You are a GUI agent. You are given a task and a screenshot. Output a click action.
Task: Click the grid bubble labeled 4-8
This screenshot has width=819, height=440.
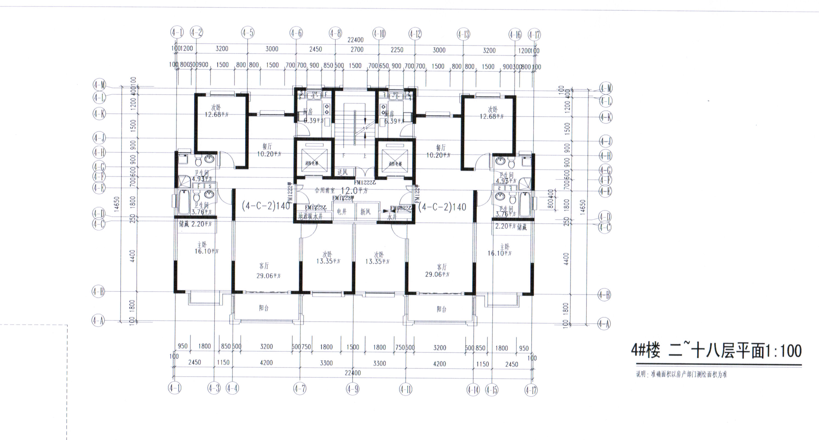point(335,33)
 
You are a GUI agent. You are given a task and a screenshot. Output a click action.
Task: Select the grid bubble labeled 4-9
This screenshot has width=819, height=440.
point(353,389)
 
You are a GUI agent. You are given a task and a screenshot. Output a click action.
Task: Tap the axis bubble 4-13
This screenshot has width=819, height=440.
point(463,34)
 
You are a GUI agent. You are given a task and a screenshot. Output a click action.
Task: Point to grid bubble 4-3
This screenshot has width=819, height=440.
point(214,388)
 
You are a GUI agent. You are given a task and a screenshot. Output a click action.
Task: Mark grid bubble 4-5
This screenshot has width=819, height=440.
point(248,33)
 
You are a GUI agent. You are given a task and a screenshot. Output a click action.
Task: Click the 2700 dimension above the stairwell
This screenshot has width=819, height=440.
point(357,49)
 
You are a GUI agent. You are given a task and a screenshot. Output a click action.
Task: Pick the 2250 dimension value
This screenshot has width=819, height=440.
point(397,50)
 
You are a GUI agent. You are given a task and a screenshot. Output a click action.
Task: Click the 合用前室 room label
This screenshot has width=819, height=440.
point(324,191)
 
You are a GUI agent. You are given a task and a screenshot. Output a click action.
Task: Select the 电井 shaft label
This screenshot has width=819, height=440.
point(341,212)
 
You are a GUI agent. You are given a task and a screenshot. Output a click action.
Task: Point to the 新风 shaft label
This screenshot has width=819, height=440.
point(365,212)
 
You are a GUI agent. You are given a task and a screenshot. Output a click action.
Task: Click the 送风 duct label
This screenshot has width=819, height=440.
point(343,172)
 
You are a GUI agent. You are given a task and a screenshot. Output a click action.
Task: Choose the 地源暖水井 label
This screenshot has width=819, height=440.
point(310,216)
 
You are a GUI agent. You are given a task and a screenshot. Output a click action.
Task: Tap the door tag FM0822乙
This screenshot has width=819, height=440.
point(401,208)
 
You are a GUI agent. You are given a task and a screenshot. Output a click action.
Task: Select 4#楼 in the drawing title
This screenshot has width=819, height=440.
point(645,351)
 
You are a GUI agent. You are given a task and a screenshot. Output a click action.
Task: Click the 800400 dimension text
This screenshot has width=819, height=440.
point(551,199)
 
